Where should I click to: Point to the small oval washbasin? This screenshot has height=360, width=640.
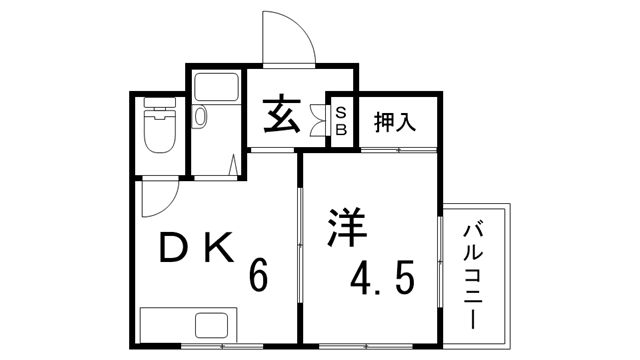[x=199, y=118]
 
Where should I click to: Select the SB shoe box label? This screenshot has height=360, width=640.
[x=340, y=121]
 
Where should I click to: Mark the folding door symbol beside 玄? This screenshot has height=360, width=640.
[x=321, y=118]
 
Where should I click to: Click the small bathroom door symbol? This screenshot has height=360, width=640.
[x=234, y=164]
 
